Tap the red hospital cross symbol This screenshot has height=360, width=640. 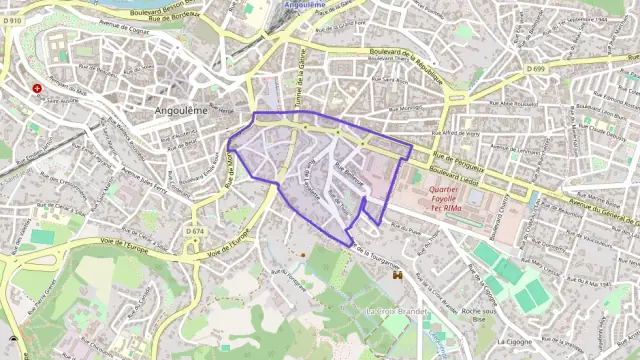(38, 88)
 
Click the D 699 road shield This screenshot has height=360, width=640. (537, 69)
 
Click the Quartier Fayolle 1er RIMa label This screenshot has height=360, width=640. (443, 193)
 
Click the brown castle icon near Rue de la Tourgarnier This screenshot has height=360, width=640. (397, 273)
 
